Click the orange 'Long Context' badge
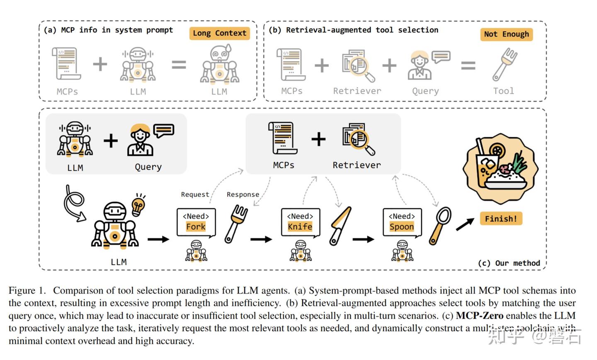tap(219, 33)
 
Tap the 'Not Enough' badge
tap(506, 34)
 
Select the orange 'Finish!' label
tap(501, 219)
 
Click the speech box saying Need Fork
tap(196, 222)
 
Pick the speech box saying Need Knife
tap(300, 222)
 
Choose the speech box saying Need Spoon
tap(402, 222)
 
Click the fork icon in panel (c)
tap(236, 224)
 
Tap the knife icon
tap(340, 226)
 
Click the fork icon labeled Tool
tap(504, 64)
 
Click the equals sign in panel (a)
tap(179, 65)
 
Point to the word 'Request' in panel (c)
tap(195, 195)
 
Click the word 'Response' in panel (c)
tap(243, 195)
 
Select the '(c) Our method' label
tap(509, 263)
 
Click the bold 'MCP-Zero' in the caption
tap(479, 316)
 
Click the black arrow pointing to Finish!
tap(465, 224)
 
